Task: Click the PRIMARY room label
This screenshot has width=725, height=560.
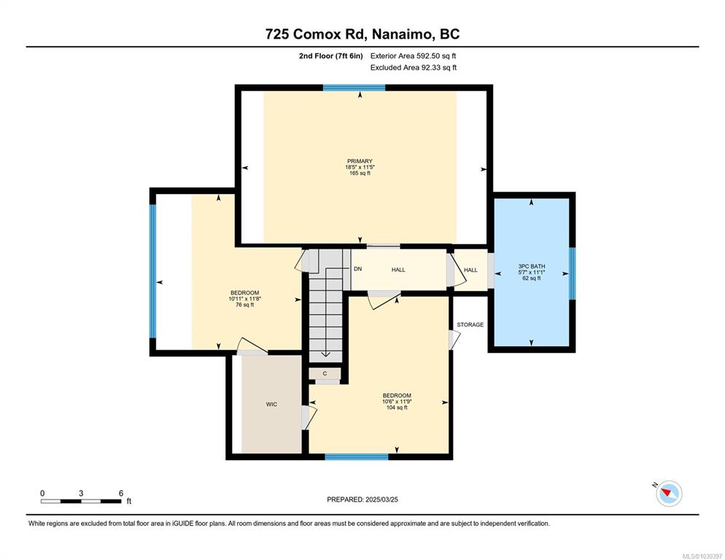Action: coord(360,161)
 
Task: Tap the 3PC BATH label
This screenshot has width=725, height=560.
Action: coord(531,266)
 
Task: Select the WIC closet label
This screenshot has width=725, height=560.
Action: coord(271,404)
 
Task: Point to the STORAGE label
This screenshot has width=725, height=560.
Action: coord(470,324)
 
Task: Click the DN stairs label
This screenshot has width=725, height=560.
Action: coord(358,268)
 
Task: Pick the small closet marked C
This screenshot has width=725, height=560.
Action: coord(325,373)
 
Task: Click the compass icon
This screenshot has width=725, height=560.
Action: coord(669,493)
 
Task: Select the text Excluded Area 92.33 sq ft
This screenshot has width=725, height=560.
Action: coord(414,68)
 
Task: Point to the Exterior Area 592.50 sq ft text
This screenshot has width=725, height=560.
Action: coord(414,56)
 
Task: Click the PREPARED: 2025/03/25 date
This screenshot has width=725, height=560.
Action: coord(362,499)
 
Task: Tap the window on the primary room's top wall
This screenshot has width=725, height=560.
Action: coord(354,87)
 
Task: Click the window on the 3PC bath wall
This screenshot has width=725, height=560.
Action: coord(573,273)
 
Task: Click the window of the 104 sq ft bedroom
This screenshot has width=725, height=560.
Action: coord(357,457)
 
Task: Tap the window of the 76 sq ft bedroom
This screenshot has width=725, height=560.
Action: coord(152,271)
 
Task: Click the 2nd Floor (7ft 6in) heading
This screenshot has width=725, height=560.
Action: coord(330,56)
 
